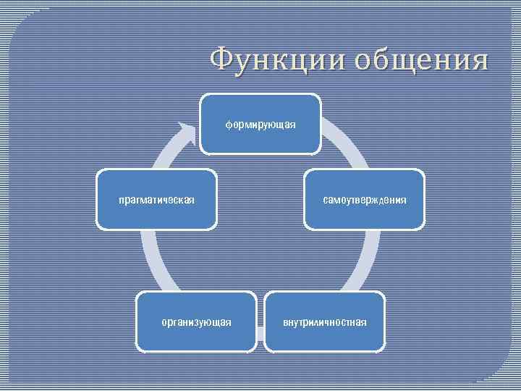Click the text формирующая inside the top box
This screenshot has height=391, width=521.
[260, 125]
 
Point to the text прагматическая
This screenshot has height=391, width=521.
[157, 199]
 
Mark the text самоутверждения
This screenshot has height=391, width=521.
[365, 199]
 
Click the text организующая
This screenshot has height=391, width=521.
[197, 321]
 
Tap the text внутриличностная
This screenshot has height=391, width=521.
[324, 321]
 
